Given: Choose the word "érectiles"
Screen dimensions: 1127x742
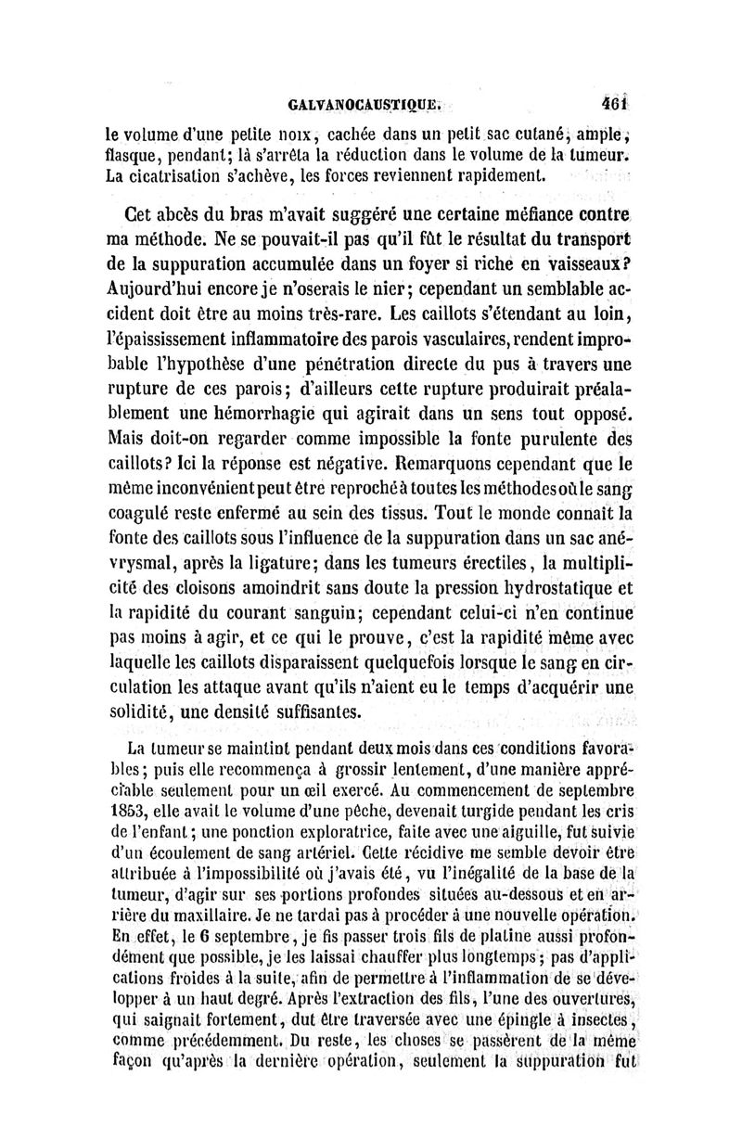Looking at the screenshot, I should pos(498,555).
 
